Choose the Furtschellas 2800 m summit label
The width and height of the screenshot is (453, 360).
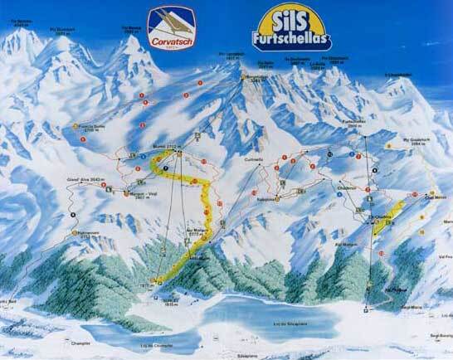[x=353, y=121]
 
